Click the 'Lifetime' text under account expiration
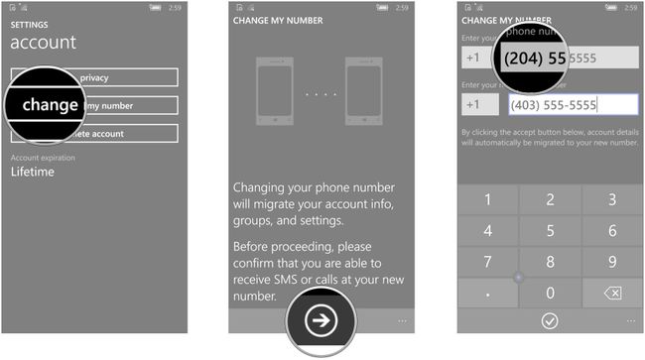(33, 172)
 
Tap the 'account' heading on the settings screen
(43, 43)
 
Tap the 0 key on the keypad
(550, 294)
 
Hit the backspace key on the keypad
(612, 294)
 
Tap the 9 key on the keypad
(612, 263)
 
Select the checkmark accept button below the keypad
(549, 320)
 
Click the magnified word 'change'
(50, 104)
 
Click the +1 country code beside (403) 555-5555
(474, 105)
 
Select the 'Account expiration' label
(43, 157)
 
